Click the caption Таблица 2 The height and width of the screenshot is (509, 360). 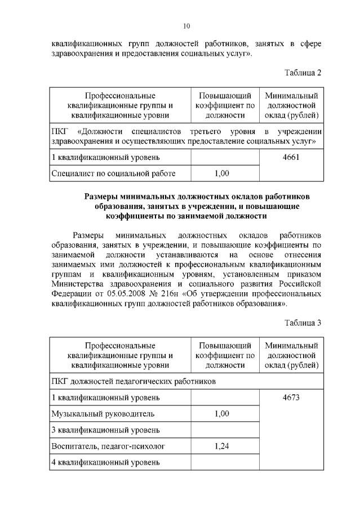pyautogui.click(x=303, y=72)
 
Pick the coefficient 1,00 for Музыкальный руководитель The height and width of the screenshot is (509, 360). pyautogui.click(x=222, y=414)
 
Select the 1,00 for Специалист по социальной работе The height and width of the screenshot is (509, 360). pyautogui.click(x=222, y=173)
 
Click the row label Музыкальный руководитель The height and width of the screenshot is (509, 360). pyautogui.click(x=103, y=414)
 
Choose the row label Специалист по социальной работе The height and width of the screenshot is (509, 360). pyautogui.click(x=113, y=173)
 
